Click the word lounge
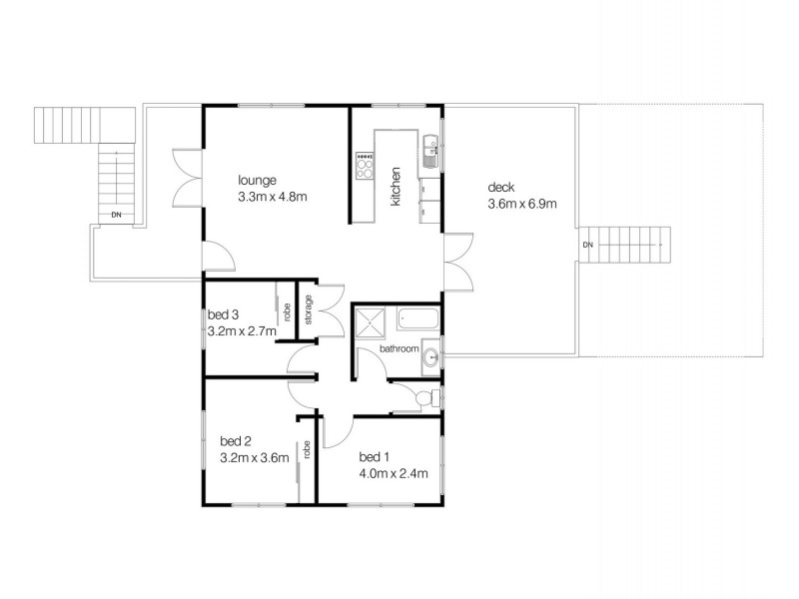pos(256,181)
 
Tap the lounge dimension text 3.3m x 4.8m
pos(272,197)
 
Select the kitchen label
pos(396,187)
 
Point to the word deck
pos(499,188)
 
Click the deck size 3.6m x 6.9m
pos(521,204)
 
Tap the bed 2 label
pos(236,441)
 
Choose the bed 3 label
pos(223,314)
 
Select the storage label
pos(310,308)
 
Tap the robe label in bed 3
pos(286,310)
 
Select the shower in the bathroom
pos(370,321)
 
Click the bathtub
pos(417,321)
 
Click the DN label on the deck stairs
pos(587,244)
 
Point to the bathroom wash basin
pos(430,354)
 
